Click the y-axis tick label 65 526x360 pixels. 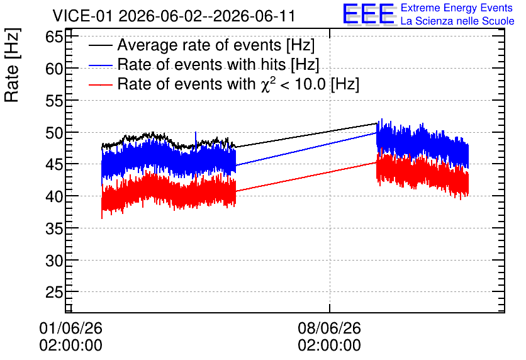point(54,37)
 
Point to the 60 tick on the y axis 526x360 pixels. point(54,69)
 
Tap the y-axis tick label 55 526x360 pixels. point(54,101)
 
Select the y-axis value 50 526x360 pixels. point(54,133)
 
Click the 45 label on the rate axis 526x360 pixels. point(54,165)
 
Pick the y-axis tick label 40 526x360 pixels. point(54,196)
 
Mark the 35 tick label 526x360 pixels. point(54,229)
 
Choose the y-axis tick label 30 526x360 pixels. point(54,261)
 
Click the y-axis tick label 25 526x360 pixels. point(54,293)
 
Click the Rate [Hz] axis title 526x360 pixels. point(12,65)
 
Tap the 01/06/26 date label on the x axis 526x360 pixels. point(70,328)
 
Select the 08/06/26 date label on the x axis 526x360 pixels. point(330,328)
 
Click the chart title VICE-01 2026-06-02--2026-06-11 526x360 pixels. point(174,16)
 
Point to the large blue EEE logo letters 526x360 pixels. point(369,14)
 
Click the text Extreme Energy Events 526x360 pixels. point(457,8)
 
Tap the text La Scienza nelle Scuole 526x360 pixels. point(457,21)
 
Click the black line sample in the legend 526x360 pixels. point(101,45)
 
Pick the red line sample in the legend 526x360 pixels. point(101,84)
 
